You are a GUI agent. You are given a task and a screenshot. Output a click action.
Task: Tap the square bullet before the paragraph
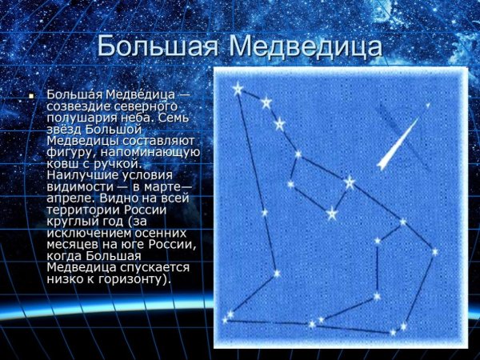point(32,96)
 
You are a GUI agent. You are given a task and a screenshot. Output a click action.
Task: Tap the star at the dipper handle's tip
point(238,89)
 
